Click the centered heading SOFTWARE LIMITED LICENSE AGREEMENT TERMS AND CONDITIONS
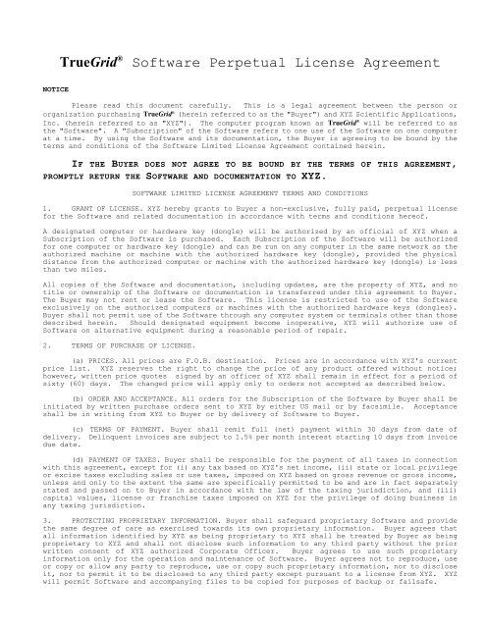coord(243,221)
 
